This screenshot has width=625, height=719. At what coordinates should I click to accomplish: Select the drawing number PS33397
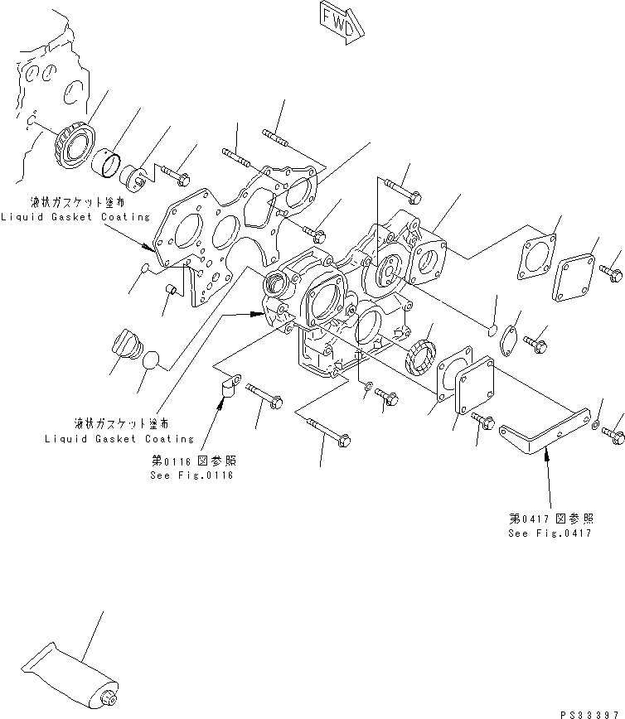pyautogui.click(x=590, y=712)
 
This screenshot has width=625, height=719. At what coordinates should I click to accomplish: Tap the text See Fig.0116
pyautogui.click(x=192, y=475)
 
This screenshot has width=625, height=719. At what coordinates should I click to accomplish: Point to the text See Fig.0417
pyautogui.click(x=550, y=533)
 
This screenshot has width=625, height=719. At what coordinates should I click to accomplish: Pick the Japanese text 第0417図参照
pyautogui.click(x=550, y=519)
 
